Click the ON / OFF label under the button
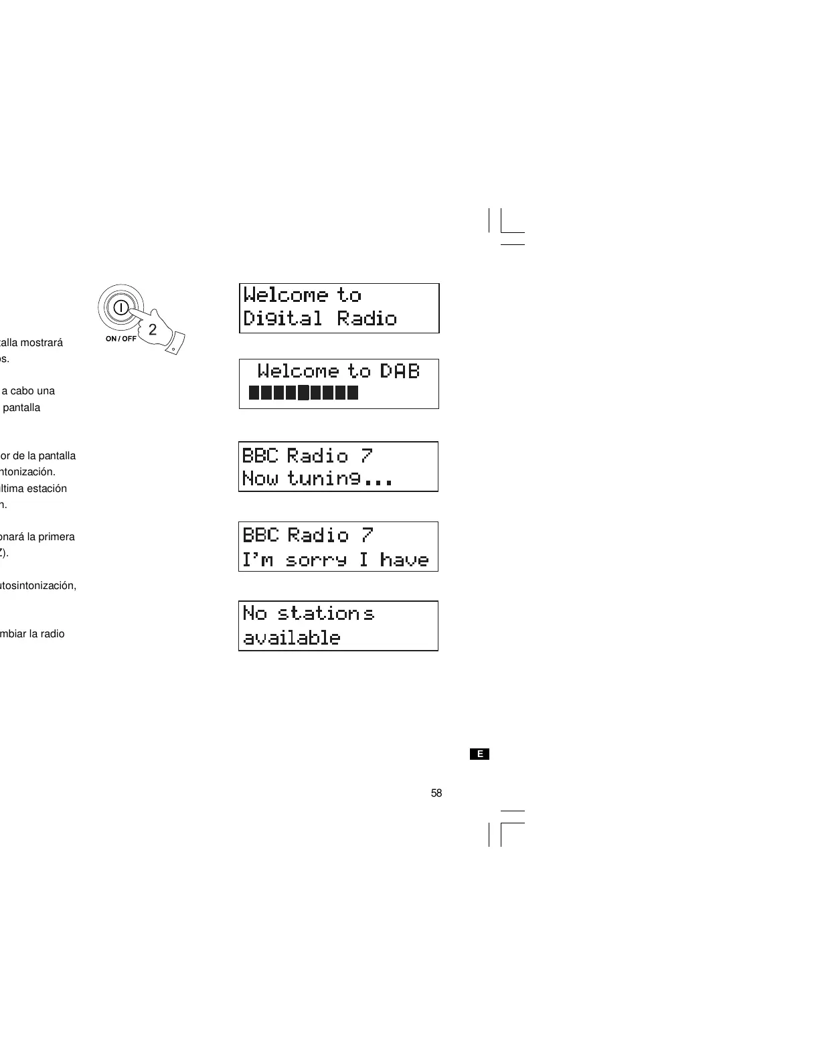tap(120, 339)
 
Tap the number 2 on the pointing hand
tap(153, 329)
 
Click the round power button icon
tap(120, 308)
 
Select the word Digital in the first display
tap(282, 318)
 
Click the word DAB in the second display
tap(400, 371)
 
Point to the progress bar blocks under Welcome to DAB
tap(303, 392)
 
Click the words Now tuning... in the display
tap(317, 479)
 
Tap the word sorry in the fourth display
tap(316, 560)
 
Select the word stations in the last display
tap(325, 613)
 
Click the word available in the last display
tap(291, 638)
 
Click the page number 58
tap(436, 793)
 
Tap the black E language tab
tap(479, 754)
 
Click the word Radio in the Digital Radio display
tap(367, 318)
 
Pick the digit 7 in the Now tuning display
tap(366, 456)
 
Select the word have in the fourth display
tap(404, 560)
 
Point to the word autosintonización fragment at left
tap(38, 586)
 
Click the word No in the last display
tap(254, 613)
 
